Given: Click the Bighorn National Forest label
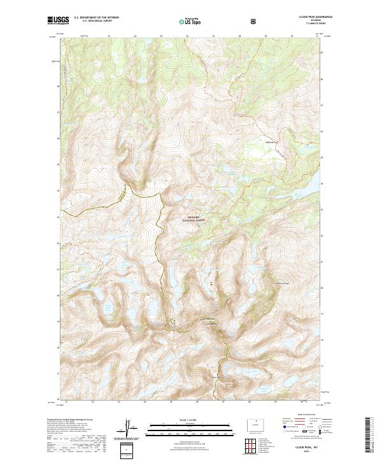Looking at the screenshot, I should tap(192, 219).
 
